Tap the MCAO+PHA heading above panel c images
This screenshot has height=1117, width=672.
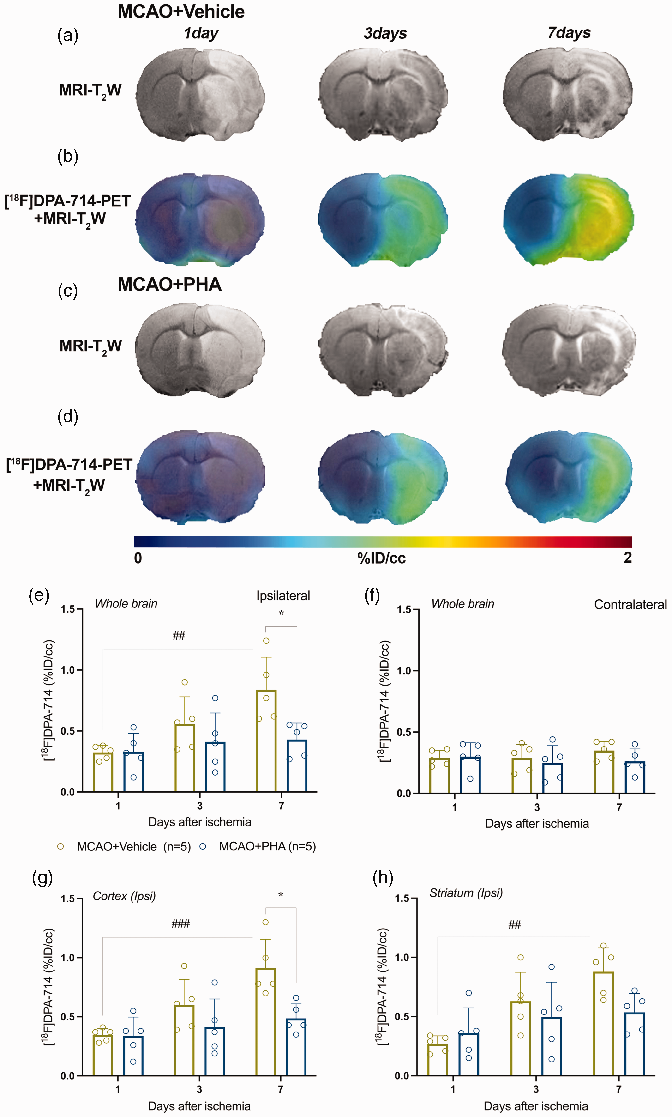point(170,285)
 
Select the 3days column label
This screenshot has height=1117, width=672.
point(385,34)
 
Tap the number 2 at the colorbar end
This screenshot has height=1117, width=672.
point(628,558)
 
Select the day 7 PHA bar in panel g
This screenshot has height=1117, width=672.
point(296,1047)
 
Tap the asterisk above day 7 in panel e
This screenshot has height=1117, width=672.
point(281,613)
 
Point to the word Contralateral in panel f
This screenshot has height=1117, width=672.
point(630,605)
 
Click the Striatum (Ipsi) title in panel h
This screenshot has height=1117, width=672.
point(466,893)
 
